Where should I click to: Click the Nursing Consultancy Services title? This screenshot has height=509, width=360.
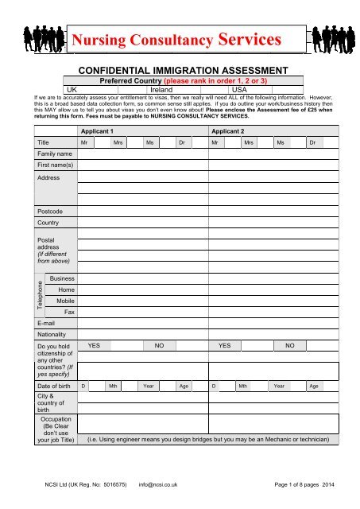pos(180,37)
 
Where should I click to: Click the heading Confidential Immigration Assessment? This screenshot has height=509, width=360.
pos(180,70)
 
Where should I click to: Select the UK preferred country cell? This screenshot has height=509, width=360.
pos(72,90)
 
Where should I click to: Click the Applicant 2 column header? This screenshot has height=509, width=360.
pos(229,129)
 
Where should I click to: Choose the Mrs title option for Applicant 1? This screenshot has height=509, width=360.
pos(118,142)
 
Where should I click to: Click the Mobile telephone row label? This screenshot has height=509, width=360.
pos(66,302)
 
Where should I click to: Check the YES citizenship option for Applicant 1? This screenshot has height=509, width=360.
pos(94,346)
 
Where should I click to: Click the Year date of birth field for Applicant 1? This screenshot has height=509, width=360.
pos(148,386)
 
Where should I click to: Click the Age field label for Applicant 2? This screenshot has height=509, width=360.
pos(314,386)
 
